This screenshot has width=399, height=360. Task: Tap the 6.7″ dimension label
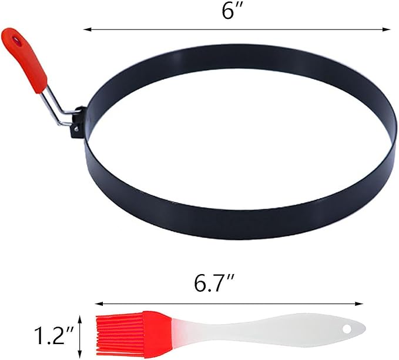pyautogui.click(x=214, y=283)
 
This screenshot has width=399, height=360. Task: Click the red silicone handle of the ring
pyautogui.click(x=25, y=59)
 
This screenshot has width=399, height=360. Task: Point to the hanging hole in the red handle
pyautogui.click(x=16, y=40)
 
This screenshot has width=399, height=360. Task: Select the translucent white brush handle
pyautogui.click(x=267, y=331)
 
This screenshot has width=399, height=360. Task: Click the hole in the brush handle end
pyautogui.click(x=347, y=329)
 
